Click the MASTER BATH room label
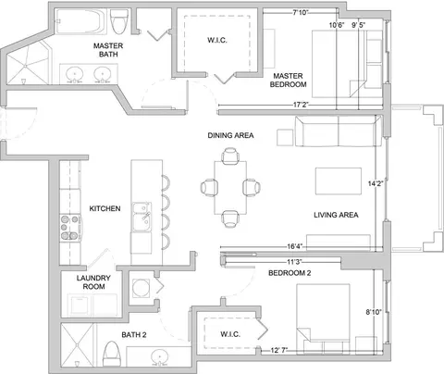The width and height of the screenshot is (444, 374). click(x=108, y=50)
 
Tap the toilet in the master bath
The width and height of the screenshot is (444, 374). click(x=119, y=21)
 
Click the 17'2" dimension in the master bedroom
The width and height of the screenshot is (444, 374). click(x=301, y=105)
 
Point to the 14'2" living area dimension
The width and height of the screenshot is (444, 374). click(x=376, y=183)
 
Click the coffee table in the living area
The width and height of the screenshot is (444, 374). click(x=339, y=181)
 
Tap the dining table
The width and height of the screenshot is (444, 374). click(x=230, y=188)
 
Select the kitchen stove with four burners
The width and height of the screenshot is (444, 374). click(x=70, y=228)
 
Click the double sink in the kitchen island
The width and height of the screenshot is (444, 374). click(x=142, y=218)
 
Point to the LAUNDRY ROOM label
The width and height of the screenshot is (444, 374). click(x=93, y=282)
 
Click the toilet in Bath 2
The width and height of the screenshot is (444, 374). click(x=110, y=354)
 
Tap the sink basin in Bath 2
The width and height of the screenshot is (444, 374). click(x=160, y=356)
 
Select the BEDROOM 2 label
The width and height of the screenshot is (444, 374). click(x=290, y=273)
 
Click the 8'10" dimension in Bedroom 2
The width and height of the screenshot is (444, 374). click(x=374, y=312)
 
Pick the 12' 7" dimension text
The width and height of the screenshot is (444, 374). click(x=279, y=350)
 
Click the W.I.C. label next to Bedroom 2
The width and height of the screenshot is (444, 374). click(x=230, y=334)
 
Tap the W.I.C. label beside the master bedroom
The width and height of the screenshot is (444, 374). click(x=217, y=40)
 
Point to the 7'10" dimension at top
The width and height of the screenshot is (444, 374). click(x=301, y=13)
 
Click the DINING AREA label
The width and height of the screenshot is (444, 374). click(x=230, y=135)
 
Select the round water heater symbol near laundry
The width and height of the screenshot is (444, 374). click(x=141, y=288)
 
